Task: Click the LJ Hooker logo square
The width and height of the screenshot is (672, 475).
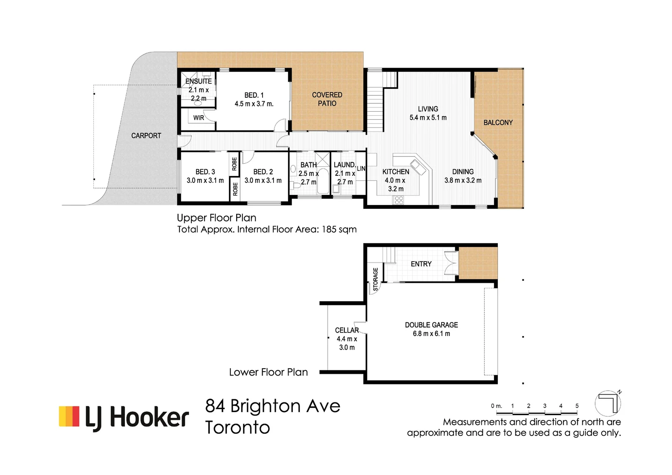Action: coord(69,416)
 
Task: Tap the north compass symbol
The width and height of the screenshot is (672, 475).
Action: coord(608,403)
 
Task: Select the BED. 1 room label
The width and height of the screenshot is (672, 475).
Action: coord(254,95)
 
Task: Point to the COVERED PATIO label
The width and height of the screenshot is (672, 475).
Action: coord(327,99)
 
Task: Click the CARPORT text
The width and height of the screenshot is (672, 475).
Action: coord(146,135)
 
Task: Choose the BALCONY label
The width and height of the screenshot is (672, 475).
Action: coord(498,123)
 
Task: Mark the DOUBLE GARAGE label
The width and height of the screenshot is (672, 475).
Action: coord(431,325)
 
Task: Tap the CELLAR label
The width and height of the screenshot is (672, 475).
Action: coord(347,330)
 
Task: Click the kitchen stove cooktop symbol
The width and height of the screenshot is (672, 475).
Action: coord(398,200)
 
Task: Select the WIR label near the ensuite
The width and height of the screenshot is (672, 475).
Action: coord(198,118)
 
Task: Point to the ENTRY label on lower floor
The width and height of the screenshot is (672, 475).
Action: coord(421,264)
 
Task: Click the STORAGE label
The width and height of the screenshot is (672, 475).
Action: coord(376,279)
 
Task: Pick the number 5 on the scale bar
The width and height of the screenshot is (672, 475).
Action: coord(577,406)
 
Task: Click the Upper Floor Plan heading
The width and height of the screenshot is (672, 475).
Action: coord(216,218)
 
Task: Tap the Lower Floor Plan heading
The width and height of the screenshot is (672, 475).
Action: coord(268,372)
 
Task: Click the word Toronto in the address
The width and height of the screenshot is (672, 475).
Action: coord(237,427)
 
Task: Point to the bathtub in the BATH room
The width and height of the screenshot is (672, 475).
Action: coord(323,181)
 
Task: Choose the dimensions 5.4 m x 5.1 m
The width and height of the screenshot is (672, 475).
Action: coord(428,118)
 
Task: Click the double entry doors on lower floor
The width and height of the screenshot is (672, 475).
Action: coord(451,263)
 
